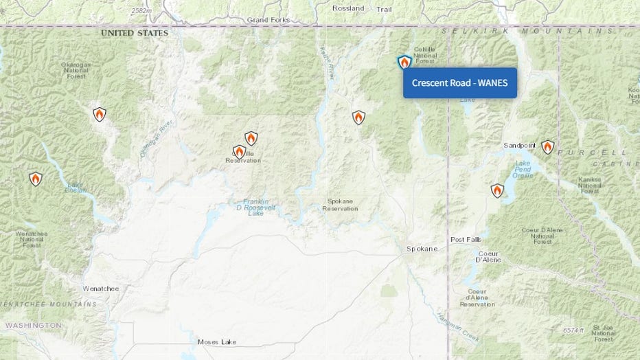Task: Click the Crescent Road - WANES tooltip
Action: (459, 83)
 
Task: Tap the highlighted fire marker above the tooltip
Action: (404, 63)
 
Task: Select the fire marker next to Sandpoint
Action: (547, 147)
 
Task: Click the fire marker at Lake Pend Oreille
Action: (497, 190)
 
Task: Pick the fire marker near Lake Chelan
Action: (36, 179)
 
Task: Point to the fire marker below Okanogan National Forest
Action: (100, 114)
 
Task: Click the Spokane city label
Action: (421, 249)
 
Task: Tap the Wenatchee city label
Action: (100, 289)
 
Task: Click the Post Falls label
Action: (466, 239)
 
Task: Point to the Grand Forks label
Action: (268, 20)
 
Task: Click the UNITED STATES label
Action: (135, 33)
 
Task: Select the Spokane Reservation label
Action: (339, 205)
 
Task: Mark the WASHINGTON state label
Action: (33, 325)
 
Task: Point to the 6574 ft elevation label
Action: (576, 330)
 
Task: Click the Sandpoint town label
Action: (519, 146)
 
